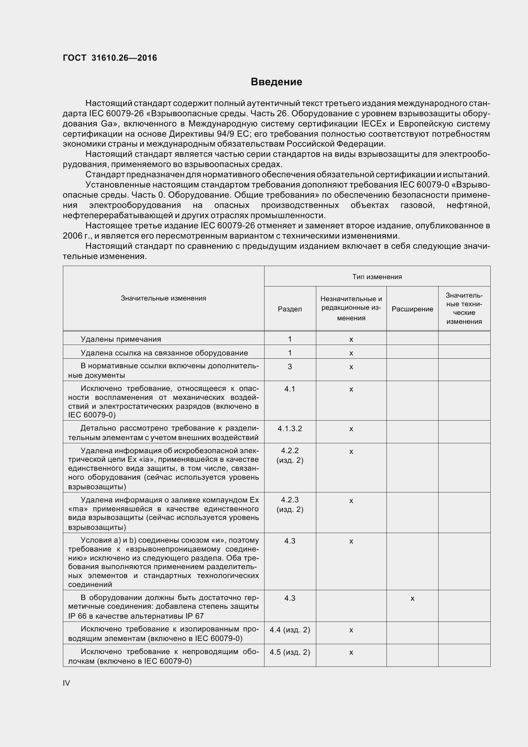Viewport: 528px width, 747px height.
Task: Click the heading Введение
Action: click(276, 82)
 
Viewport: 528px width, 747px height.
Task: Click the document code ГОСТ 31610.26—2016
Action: click(110, 58)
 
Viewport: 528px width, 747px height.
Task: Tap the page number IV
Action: click(66, 683)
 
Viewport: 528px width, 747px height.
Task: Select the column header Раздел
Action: click(289, 309)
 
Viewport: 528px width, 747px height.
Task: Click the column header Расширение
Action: click(412, 309)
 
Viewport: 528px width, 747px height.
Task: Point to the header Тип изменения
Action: click(377, 277)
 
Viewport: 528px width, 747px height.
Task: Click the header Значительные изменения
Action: click(163, 298)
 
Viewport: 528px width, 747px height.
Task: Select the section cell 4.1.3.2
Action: click(289, 429)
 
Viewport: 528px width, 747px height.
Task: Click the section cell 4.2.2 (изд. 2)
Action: click(289, 455)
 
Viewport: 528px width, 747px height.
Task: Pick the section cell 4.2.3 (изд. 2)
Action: click(289, 505)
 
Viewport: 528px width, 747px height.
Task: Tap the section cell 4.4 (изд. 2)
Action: click(289, 630)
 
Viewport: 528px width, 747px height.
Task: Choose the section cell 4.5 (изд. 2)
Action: click(289, 652)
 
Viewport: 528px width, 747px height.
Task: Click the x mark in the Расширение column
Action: click(412, 598)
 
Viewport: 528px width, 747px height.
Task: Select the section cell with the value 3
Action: click(289, 367)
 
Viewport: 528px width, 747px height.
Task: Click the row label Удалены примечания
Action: click(121, 339)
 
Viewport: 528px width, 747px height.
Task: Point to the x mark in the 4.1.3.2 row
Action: click(351, 429)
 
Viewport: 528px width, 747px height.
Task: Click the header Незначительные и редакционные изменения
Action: click(351, 308)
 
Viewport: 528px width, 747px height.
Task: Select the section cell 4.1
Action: click(289, 389)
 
